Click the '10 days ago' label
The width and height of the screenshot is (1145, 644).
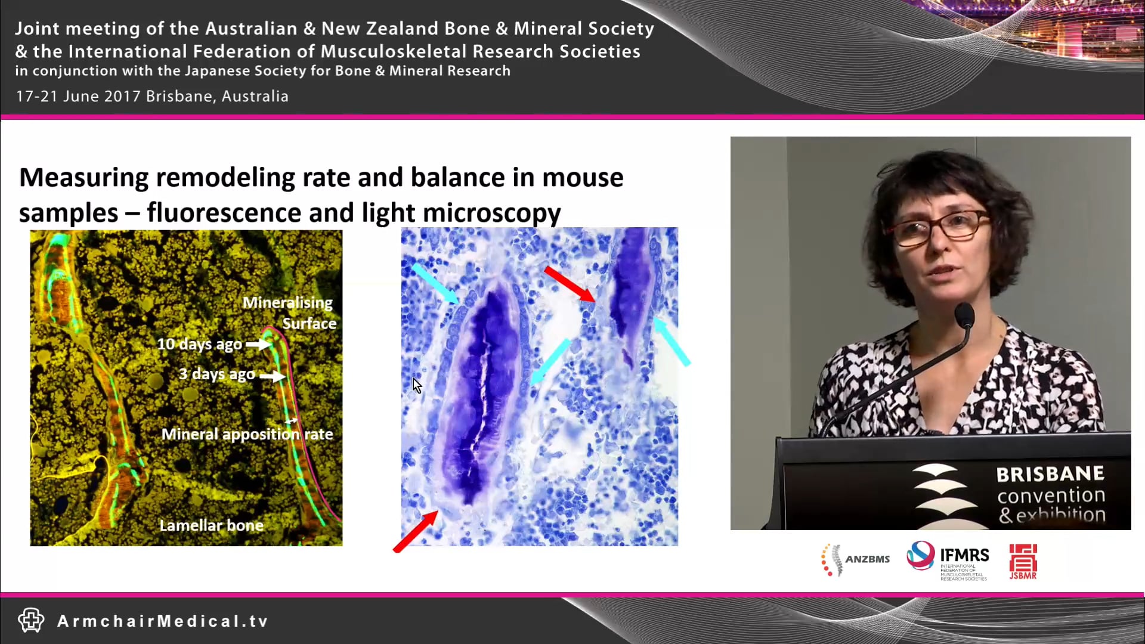pyautogui.click(x=200, y=344)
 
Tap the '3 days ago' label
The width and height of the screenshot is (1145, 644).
pyautogui.click(x=217, y=374)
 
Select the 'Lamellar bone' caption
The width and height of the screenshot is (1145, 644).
pyautogui.click(x=211, y=525)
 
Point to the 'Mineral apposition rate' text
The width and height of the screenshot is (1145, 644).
pyautogui.click(x=247, y=434)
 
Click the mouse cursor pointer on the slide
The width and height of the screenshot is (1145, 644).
pyautogui.click(x=417, y=386)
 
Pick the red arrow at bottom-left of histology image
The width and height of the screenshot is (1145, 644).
pyautogui.click(x=416, y=531)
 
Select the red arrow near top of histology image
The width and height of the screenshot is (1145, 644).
pyautogui.click(x=570, y=284)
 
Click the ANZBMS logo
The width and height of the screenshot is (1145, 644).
pyautogui.click(x=855, y=559)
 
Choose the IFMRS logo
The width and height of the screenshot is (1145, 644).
pyautogui.click(x=948, y=559)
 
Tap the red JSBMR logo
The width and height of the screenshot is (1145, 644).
pyautogui.click(x=1023, y=561)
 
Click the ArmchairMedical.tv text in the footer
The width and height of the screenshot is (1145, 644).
pyautogui.click(x=163, y=621)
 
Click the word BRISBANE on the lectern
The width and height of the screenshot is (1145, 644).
pyautogui.click(x=1050, y=475)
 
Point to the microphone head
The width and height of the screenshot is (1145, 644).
pyautogui.click(x=964, y=314)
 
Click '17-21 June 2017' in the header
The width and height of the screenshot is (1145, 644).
pyautogui.click(x=78, y=96)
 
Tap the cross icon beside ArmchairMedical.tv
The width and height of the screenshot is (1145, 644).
pyautogui.click(x=31, y=620)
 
